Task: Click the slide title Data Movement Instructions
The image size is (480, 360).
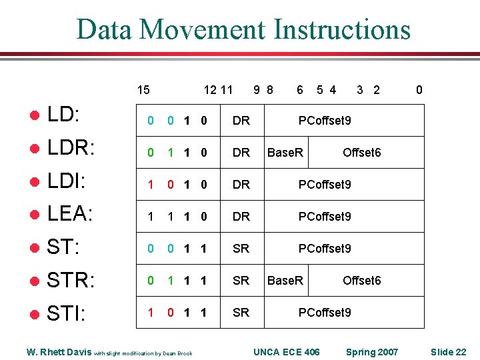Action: [x=243, y=29]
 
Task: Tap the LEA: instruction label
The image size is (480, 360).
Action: [x=70, y=213]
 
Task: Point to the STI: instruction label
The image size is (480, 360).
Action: [x=66, y=313]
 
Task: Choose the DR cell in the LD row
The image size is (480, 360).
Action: [x=241, y=121]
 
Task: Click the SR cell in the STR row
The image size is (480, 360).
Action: [x=241, y=281]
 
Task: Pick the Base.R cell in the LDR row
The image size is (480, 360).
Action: [x=285, y=153]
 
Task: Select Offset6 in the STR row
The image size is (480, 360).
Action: [x=361, y=281]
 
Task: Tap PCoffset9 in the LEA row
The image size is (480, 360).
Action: [x=325, y=217]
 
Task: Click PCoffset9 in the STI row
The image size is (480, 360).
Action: [x=325, y=313]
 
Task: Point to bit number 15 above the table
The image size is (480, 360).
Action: [x=143, y=90]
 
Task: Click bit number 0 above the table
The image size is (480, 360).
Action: [x=419, y=90]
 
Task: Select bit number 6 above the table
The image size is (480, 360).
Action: [x=300, y=90]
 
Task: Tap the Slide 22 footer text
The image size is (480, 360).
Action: [x=448, y=352]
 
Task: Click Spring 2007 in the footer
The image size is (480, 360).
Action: [x=371, y=352]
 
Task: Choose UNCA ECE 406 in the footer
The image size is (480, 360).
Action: [x=287, y=352]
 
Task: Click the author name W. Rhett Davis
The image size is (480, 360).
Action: [x=59, y=352]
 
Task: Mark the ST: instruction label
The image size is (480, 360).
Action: [x=63, y=248]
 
